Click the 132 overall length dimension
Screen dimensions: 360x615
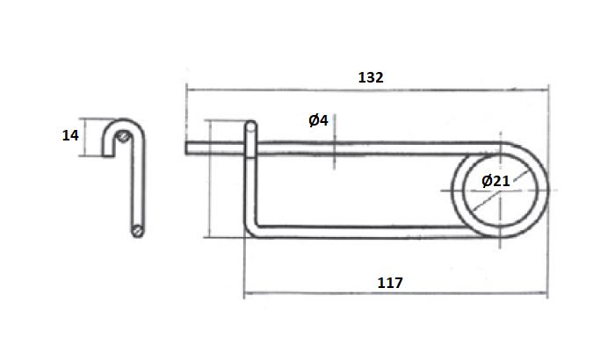(x=370, y=77)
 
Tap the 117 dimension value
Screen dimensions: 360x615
(x=389, y=283)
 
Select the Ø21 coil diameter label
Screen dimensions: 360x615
(x=496, y=181)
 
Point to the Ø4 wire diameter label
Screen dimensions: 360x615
(x=318, y=120)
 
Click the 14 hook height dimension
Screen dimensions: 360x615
(x=70, y=135)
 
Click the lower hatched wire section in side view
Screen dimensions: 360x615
(x=138, y=229)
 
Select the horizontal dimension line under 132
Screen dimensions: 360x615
(x=369, y=88)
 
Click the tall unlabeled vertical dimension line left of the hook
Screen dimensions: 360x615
(x=209, y=180)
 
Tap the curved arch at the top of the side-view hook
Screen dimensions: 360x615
(x=124, y=123)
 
